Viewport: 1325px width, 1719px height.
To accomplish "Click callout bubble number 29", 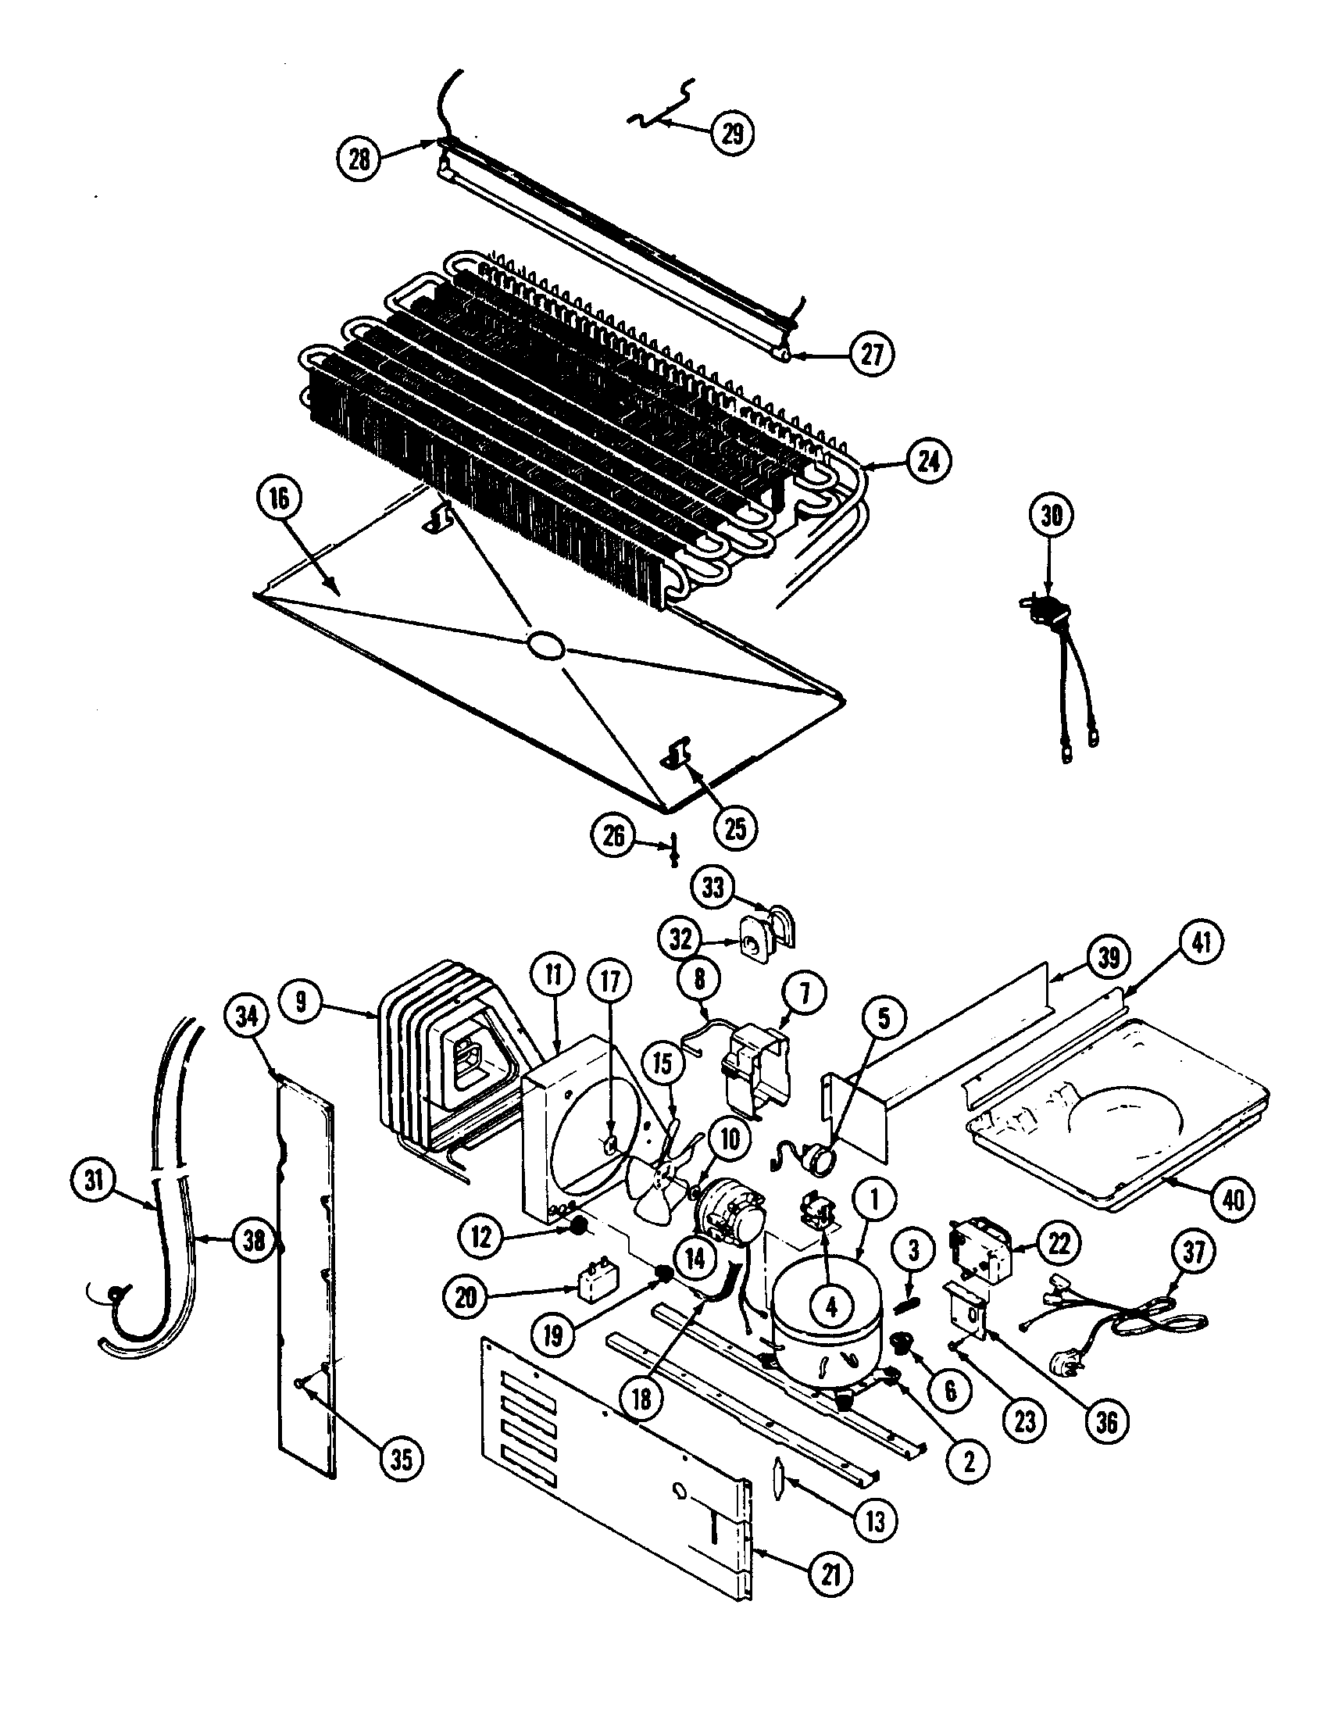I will click(x=732, y=133).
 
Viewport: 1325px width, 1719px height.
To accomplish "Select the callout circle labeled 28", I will click(x=359, y=159).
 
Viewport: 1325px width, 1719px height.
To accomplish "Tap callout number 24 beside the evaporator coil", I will click(x=927, y=461).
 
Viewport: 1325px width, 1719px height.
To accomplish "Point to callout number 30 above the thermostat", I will click(x=1052, y=516).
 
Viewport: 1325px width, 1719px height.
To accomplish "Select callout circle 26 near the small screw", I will click(x=614, y=836).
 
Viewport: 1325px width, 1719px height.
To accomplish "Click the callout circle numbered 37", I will click(x=1194, y=1252).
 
